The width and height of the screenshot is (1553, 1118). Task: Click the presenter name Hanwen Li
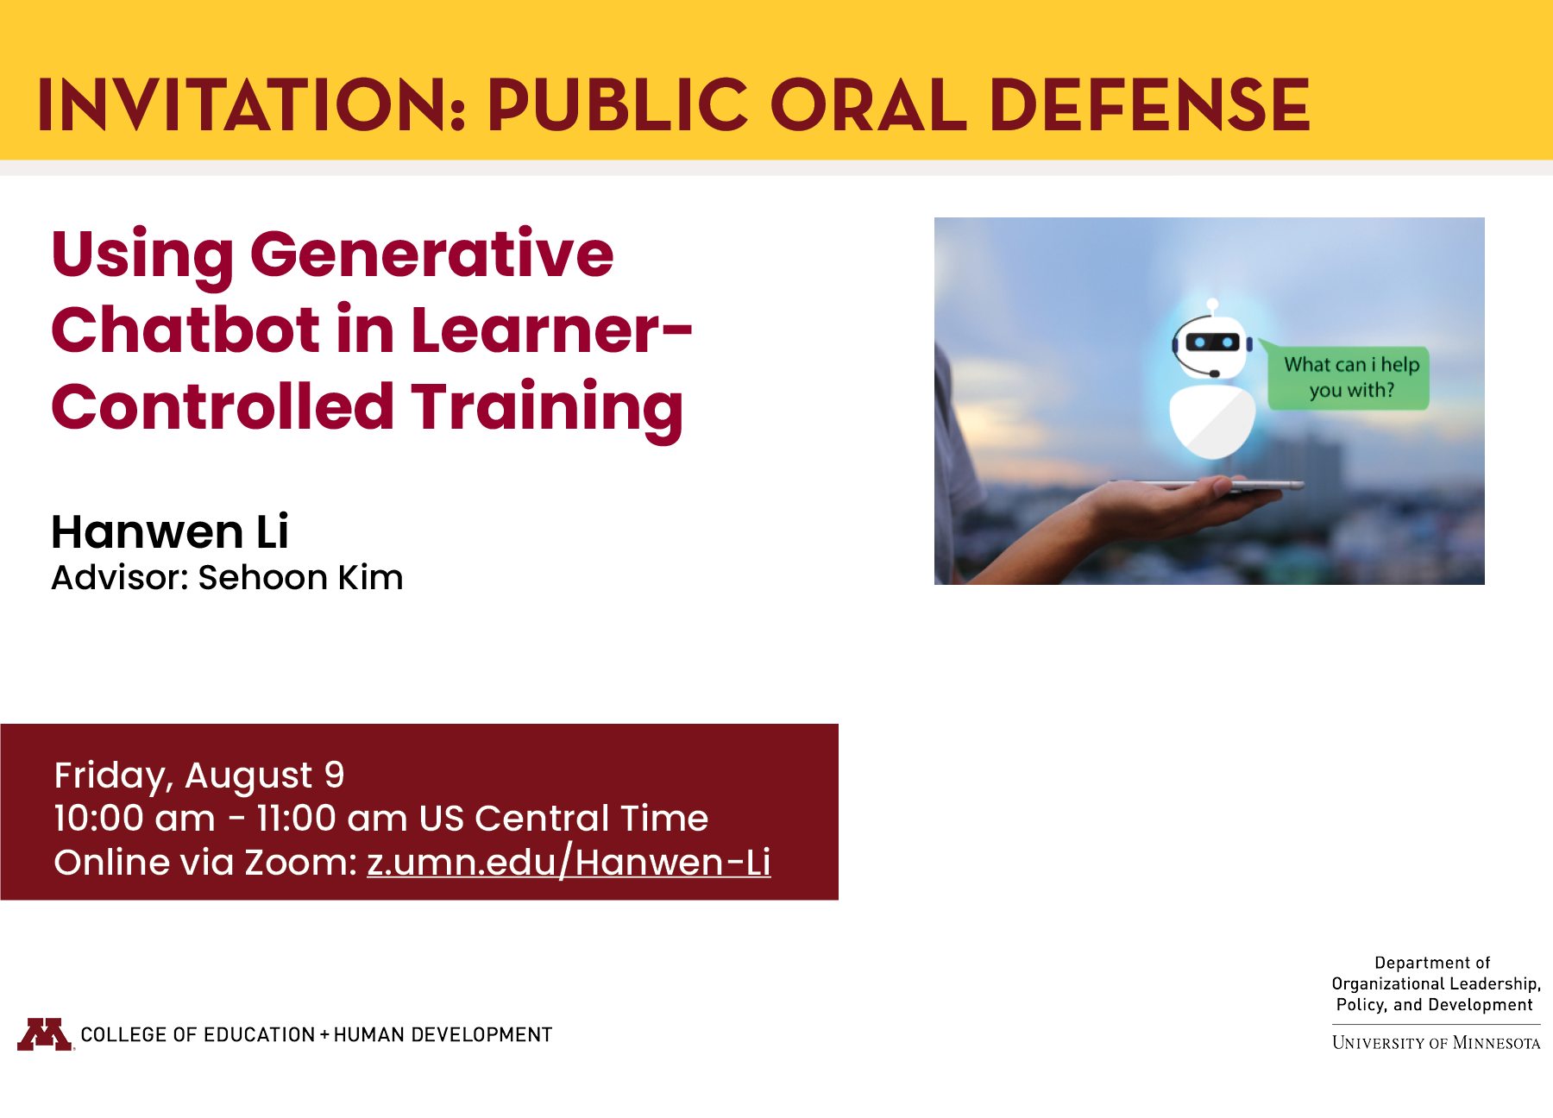click(x=170, y=531)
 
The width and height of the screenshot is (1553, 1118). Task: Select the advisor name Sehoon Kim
click(x=300, y=578)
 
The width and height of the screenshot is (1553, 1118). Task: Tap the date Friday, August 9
click(x=199, y=775)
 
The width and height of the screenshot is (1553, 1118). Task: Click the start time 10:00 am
click(x=135, y=818)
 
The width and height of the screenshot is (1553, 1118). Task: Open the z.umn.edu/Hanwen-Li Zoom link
click(x=569, y=862)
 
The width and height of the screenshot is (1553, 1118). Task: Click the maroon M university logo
click(x=45, y=1033)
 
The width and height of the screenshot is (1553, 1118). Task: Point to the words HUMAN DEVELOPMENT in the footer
click(x=443, y=1034)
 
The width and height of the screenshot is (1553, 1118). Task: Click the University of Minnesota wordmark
click(x=1436, y=1043)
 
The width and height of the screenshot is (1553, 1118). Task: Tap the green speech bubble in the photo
click(x=1349, y=378)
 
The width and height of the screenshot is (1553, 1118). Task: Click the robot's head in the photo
click(x=1212, y=346)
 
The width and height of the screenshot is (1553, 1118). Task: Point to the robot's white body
click(x=1212, y=420)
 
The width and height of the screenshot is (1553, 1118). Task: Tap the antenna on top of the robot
click(x=1212, y=305)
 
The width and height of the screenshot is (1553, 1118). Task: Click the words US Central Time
click(x=563, y=818)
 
